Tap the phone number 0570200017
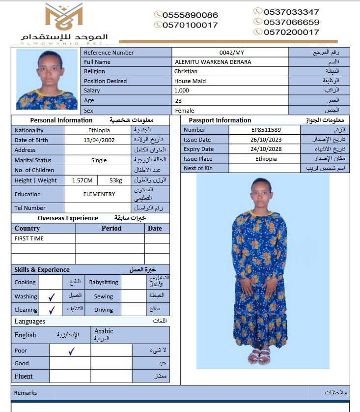[291, 32]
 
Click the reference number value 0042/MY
[231, 53]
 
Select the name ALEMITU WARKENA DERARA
[213, 62]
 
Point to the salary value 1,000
[181, 90]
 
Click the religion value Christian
[186, 71]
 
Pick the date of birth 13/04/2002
[99, 140]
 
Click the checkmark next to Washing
[52, 296]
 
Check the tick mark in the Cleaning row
[52, 310]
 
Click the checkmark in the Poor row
[71, 351]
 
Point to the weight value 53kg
[116, 180]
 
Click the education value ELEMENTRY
[99, 194]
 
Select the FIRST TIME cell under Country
[29, 238]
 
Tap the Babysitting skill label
[104, 282]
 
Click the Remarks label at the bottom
[26, 393]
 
